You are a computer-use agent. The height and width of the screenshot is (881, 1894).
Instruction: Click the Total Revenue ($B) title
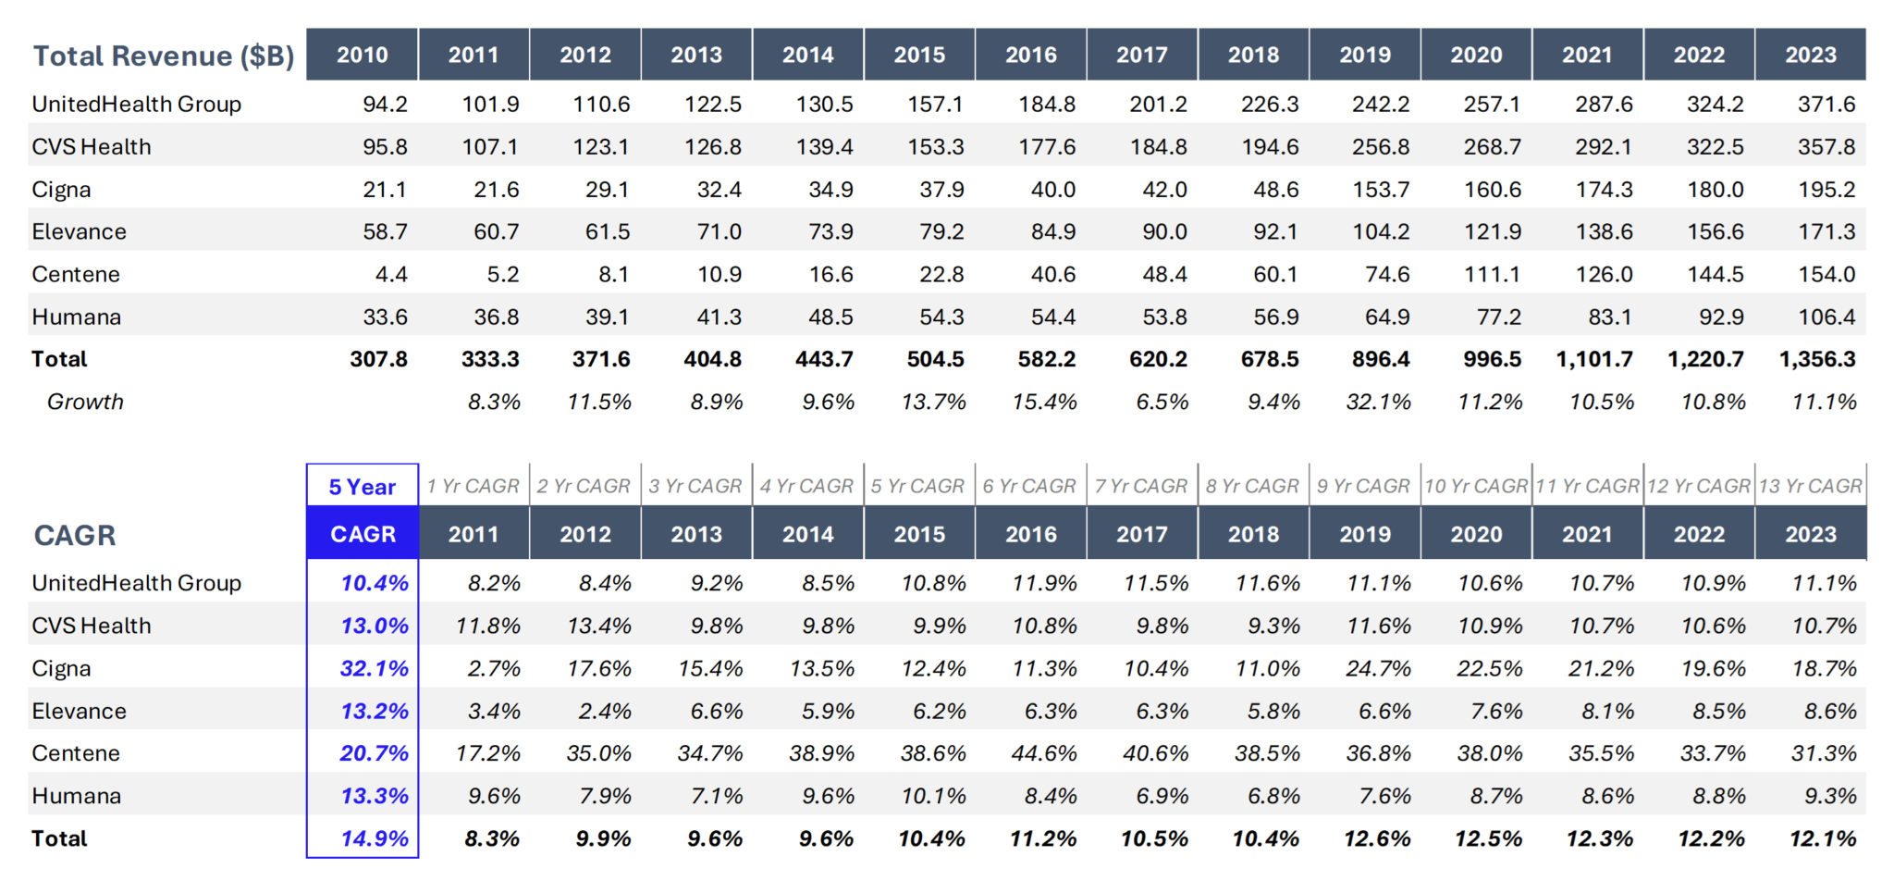pos(164,56)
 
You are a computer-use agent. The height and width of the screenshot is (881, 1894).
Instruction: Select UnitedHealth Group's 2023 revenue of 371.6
pos(1826,105)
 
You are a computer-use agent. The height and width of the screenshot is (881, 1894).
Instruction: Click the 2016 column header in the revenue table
pos(1030,55)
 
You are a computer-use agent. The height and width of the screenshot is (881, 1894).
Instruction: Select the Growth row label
pos(85,403)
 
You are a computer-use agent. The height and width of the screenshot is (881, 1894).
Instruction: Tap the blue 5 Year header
pos(362,487)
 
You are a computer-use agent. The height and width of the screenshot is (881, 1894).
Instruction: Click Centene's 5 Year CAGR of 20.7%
pos(374,753)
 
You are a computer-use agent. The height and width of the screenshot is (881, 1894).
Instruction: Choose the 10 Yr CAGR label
pos(1475,486)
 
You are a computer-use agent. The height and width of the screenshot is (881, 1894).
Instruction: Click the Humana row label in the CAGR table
pos(76,796)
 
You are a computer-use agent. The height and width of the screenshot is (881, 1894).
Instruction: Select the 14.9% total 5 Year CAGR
pos(374,838)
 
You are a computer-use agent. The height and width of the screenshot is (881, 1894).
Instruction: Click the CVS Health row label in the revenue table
pos(91,147)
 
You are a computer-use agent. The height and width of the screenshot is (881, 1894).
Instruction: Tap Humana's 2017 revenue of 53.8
pos(1164,317)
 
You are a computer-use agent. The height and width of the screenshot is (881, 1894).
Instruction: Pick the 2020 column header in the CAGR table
pos(1475,534)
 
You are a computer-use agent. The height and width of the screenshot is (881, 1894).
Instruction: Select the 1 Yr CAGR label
pos(473,486)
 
